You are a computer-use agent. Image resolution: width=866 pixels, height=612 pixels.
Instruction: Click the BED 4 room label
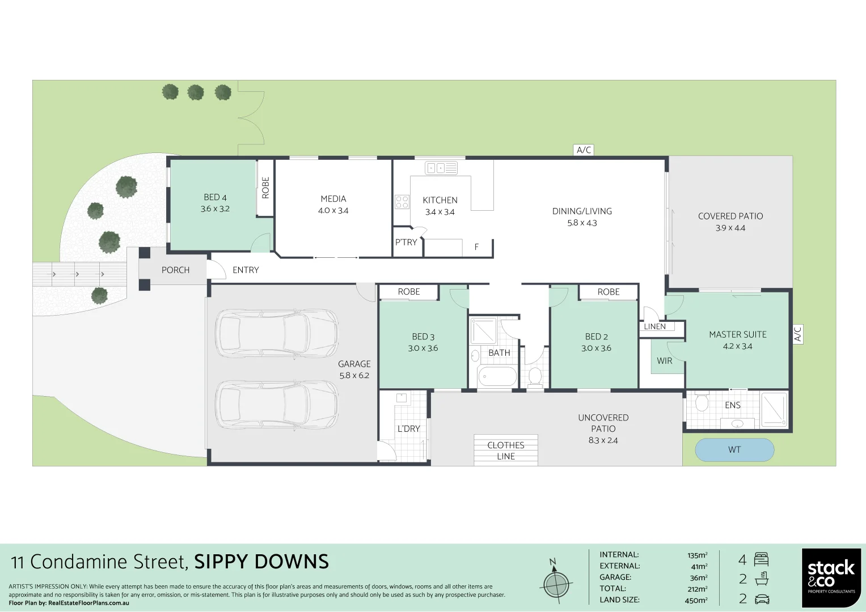coord(215,197)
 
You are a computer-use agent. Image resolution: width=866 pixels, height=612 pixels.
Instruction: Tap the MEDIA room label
coord(333,199)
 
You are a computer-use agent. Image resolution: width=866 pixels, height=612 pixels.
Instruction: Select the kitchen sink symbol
coord(441,168)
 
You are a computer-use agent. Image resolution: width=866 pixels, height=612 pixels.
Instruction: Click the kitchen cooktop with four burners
coord(402,202)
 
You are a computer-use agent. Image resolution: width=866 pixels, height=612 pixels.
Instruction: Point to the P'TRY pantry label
coord(406,243)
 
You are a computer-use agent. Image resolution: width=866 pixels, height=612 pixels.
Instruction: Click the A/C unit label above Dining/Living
coord(584,150)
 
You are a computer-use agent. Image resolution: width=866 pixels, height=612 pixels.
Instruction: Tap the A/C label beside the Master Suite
coord(797,334)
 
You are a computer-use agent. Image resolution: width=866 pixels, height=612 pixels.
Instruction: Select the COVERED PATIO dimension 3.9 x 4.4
coord(730,228)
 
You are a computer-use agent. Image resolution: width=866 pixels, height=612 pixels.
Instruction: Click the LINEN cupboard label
coord(654,326)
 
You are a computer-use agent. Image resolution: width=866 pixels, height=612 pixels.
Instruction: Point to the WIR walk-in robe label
coord(664,361)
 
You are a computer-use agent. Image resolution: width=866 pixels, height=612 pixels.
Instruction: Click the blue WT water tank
coord(734,450)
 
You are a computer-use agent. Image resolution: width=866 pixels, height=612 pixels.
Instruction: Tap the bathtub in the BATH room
coord(497,376)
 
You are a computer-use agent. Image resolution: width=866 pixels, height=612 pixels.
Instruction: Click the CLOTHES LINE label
coord(505,450)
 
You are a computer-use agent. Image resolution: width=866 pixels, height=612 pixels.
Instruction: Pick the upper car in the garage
coord(276,333)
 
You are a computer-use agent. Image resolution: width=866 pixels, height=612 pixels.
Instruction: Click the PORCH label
coord(175,270)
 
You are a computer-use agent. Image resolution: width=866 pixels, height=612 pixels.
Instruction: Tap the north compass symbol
coord(555,582)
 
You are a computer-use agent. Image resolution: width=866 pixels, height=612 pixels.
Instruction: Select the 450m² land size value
coord(696,600)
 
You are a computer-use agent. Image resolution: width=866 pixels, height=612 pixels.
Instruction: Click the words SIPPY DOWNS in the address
coord(261,562)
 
